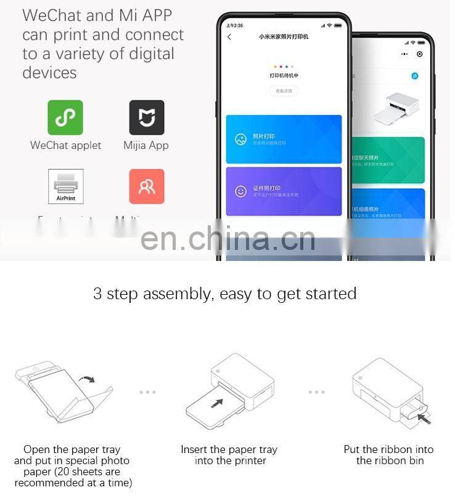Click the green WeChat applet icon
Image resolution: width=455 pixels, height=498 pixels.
pyautogui.click(x=65, y=118)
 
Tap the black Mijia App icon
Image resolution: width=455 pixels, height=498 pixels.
pyautogui.click(x=147, y=118)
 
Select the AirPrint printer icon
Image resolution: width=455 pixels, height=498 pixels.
pyautogui.click(x=65, y=187)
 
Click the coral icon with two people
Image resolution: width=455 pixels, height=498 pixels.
pyautogui.click(x=147, y=187)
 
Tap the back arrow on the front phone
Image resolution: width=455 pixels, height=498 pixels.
pyautogui.click(x=229, y=38)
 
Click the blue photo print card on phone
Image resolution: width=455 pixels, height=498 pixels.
pyautogui.click(x=284, y=139)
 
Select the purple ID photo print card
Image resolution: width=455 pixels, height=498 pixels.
pyautogui.click(x=284, y=191)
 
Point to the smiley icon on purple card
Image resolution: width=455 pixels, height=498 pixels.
pyautogui.click(x=240, y=191)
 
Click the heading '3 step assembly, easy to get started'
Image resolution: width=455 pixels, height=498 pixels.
pyautogui.click(x=225, y=294)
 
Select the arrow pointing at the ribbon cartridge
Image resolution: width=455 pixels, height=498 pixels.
pyautogui.click(x=424, y=419)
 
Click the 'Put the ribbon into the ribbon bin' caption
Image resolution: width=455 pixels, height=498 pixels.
pyautogui.click(x=388, y=455)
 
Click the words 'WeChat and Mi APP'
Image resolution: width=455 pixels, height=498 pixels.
pyautogui.click(x=97, y=15)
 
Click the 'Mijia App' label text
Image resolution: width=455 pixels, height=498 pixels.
pyautogui.click(x=146, y=146)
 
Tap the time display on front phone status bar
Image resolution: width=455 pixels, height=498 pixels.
pyautogui.click(x=234, y=25)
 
